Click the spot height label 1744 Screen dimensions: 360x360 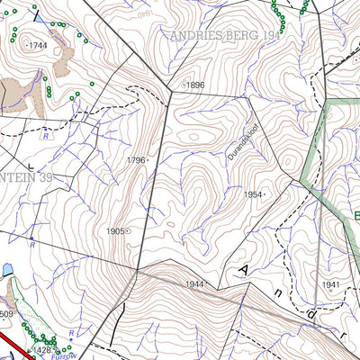39,44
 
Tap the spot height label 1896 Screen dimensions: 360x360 195,85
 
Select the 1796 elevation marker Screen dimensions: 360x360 135,160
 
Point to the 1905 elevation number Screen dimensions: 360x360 115,231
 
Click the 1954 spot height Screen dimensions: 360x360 254,194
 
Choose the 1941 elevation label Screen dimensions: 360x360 331,285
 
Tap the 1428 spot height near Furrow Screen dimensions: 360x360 44,349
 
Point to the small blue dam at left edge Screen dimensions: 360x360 7,269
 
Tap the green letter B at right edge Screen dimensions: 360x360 355,217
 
